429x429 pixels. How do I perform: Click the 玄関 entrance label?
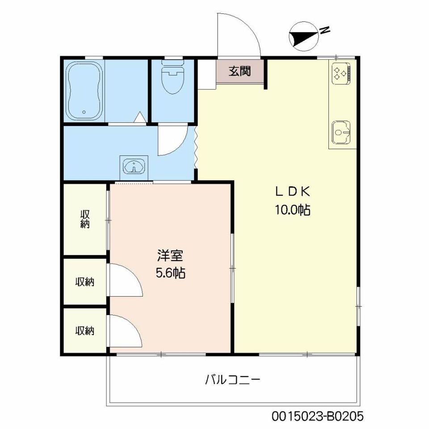pyautogui.click(x=240, y=71)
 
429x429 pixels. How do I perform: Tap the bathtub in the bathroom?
pyautogui.click(x=84, y=91)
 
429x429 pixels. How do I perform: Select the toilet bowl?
pyautogui.click(x=172, y=77)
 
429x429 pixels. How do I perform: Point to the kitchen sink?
pyautogui.click(x=341, y=133)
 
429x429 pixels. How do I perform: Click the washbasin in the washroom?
pyautogui.click(x=134, y=165)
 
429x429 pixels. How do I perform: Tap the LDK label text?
pyautogui.click(x=292, y=192)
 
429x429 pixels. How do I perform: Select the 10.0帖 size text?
pyautogui.click(x=292, y=210)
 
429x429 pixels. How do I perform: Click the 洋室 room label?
pyautogui.click(x=170, y=256)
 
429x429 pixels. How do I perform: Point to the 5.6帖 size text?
pyautogui.click(x=170, y=273)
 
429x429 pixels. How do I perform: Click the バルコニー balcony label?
pyautogui.click(x=232, y=380)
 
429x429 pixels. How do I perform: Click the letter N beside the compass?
pyautogui.click(x=325, y=30)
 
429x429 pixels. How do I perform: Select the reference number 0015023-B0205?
pyautogui.click(x=317, y=416)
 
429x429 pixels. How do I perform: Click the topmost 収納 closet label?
pyautogui.click(x=85, y=219)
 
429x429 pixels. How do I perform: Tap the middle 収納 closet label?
pyautogui.click(x=85, y=282)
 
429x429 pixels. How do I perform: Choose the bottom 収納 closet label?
pyautogui.click(x=85, y=331)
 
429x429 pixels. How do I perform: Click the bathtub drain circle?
pyautogui.click(x=84, y=112)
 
